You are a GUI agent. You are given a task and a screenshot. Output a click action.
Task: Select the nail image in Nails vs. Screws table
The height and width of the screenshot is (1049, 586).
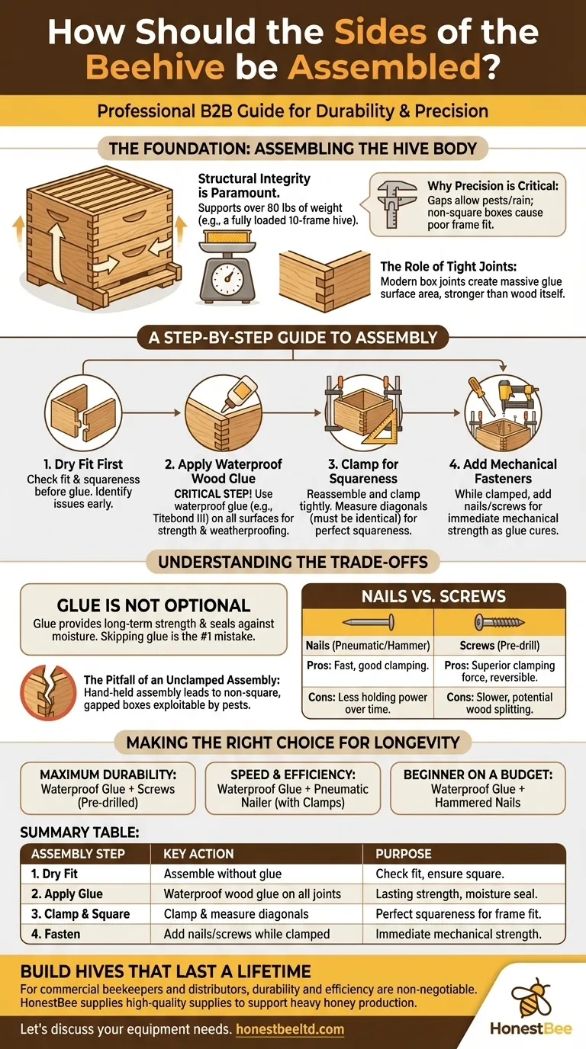pyautogui.click(x=368, y=621)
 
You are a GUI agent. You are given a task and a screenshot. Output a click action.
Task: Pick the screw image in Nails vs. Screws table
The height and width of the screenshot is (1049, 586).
pyautogui.click(x=500, y=621)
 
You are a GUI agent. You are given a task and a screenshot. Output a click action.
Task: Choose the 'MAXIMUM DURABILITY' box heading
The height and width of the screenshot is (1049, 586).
pyautogui.click(x=108, y=775)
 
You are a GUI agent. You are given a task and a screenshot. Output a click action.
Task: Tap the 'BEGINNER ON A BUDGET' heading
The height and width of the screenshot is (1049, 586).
pyautogui.click(x=478, y=775)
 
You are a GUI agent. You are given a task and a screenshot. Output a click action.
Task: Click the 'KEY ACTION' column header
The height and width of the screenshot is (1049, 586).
pyautogui.click(x=198, y=854)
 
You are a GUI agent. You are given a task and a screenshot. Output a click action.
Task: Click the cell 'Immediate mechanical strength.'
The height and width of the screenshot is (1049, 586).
pyautogui.click(x=459, y=934)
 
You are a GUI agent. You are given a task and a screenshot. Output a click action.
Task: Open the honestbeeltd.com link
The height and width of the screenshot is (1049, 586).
pyautogui.click(x=290, y=1029)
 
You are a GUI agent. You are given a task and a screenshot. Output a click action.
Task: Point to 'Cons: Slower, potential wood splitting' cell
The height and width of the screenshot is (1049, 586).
pyautogui.click(x=500, y=703)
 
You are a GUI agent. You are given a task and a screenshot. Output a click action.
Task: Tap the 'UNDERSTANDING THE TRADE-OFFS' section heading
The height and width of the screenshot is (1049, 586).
pyautogui.click(x=292, y=563)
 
